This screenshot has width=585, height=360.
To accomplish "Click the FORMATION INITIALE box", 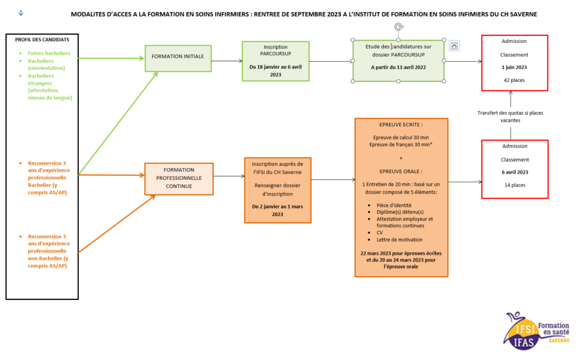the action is [x=178, y=58].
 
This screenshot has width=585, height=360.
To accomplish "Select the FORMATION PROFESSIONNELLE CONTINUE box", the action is [x=179, y=179].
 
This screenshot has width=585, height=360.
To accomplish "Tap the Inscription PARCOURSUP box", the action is [x=275, y=61].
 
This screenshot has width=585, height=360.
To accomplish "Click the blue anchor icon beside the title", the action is [x=21, y=13].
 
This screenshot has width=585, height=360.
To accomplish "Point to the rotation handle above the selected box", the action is [x=398, y=27].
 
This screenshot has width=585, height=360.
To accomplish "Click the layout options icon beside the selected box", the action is [x=454, y=46].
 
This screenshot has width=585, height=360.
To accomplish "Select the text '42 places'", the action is [x=514, y=80].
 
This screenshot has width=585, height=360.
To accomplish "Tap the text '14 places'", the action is [x=515, y=185].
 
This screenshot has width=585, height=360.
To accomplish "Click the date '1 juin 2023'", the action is [x=514, y=67].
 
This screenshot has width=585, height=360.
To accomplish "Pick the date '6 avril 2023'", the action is [x=515, y=173].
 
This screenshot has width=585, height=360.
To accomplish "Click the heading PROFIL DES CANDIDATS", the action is [x=42, y=39].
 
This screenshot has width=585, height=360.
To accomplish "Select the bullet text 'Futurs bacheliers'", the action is [x=49, y=53].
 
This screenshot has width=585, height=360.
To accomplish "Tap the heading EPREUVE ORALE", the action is [x=400, y=171].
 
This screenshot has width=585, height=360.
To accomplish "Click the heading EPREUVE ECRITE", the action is [x=400, y=125].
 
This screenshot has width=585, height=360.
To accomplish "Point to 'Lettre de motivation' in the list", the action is [x=399, y=240].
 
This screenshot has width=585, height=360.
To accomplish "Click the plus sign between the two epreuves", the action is [x=401, y=158].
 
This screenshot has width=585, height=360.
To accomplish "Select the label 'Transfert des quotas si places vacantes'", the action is [x=510, y=117].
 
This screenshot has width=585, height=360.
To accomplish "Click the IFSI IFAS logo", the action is [x=536, y=330].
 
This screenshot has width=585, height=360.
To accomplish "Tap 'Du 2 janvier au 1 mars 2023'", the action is [x=278, y=210].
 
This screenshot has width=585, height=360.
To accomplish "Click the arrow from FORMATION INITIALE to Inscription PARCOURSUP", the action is [x=227, y=61].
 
